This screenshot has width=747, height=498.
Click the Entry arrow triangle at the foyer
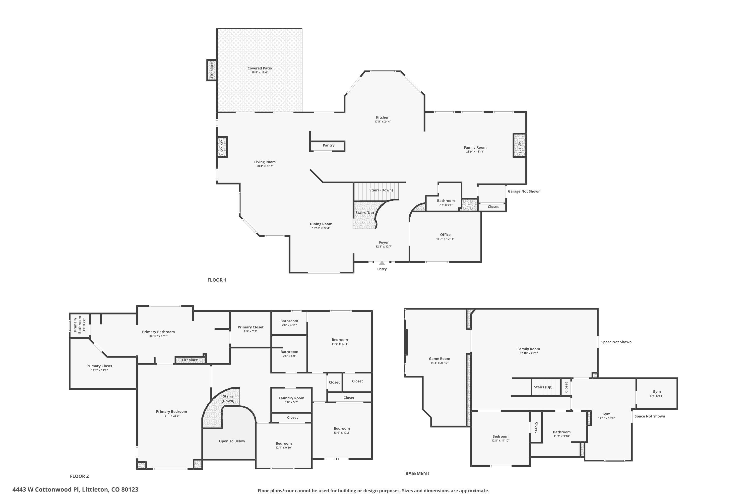(x=382, y=263)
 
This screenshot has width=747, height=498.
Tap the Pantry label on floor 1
(x=328, y=145)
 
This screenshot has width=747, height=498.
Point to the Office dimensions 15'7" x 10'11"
(x=445, y=239)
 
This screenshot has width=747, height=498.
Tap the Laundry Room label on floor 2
(x=291, y=398)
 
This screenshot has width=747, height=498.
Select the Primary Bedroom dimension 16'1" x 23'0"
(x=172, y=416)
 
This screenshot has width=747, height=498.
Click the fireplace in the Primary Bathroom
(x=190, y=360)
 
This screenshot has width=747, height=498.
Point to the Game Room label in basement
(x=439, y=359)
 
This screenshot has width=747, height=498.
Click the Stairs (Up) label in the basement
(x=543, y=387)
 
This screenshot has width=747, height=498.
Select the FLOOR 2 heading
(x=79, y=476)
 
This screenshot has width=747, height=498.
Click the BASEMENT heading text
(x=417, y=473)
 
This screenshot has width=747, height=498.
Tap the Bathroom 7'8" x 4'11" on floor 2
(x=289, y=323)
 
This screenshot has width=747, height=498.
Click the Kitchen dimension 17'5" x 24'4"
(x=382, y=122)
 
